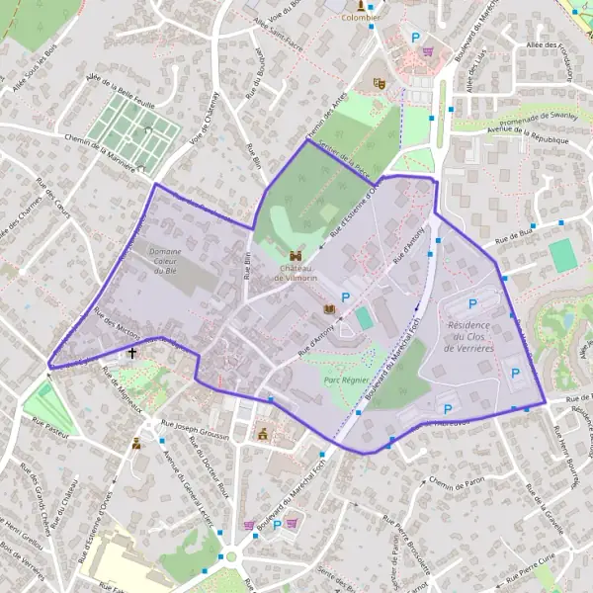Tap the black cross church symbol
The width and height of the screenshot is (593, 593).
(131, 352)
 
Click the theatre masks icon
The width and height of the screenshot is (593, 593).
(378, 83)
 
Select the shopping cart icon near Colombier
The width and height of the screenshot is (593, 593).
(427, 51)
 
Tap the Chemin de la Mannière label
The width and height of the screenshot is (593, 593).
(100, 153)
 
